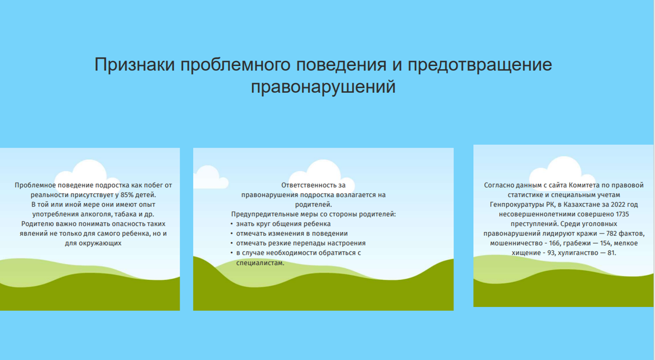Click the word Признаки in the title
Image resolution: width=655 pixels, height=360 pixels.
135,65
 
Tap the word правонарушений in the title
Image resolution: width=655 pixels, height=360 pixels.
323,87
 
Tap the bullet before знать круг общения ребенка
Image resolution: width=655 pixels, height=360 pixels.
232,224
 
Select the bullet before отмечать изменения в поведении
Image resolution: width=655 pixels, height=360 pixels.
232,234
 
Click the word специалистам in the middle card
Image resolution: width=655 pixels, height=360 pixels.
260,263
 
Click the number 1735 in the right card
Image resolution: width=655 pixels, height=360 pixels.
622,214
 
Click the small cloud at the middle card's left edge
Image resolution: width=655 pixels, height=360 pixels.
210,177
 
